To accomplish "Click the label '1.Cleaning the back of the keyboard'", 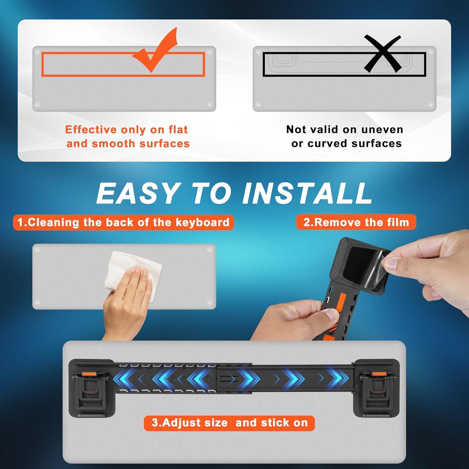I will [124, 222].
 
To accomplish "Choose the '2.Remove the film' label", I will [356, 222].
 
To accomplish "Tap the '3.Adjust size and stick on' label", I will [229, 423].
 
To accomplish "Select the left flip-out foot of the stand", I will [91, 391].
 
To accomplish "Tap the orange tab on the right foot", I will [378, 374].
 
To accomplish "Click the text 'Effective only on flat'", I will [126, 129].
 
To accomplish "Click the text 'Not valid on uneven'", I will [345, 129].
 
